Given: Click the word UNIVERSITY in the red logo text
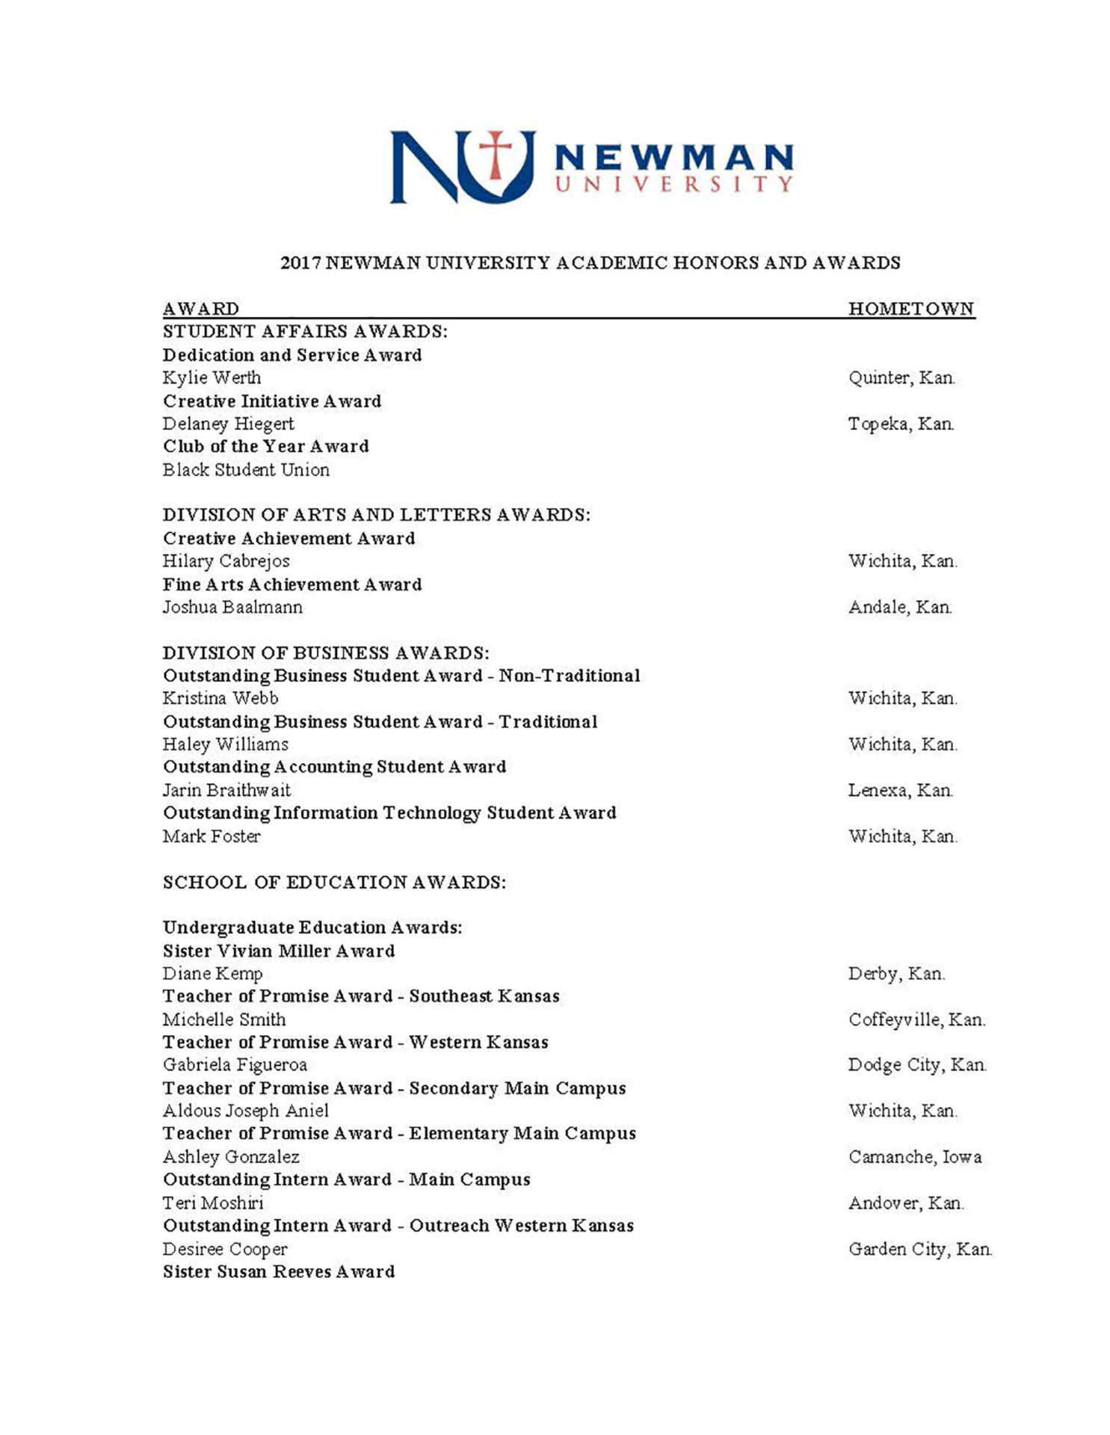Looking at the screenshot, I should (673, 184).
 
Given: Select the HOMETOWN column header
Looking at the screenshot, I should (910, 309).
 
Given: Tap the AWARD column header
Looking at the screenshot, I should (201, 309).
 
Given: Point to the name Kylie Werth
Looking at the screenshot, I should (212, 377).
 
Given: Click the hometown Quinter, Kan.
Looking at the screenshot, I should (901, 377).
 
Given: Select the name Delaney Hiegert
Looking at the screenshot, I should (228, 424).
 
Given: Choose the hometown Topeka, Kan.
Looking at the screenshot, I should (901, 424).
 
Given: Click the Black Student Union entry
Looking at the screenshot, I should (246, 470).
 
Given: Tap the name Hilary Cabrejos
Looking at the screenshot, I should (226, 561).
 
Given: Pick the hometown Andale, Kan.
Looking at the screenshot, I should (899, 607).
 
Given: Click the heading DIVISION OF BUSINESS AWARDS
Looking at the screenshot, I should (326, 652).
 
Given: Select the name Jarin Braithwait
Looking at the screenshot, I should (226, 790).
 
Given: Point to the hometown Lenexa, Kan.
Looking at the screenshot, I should (900, 790).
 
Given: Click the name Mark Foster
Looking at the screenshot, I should (212, 836).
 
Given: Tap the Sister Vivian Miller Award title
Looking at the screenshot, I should (279, 951).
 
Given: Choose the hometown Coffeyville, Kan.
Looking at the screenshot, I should (916, 1019).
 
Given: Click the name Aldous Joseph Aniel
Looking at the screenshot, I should (245, 1111).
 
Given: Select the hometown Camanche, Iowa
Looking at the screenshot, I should (914, 1157).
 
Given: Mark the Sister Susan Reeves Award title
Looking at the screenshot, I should (279, 1271).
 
